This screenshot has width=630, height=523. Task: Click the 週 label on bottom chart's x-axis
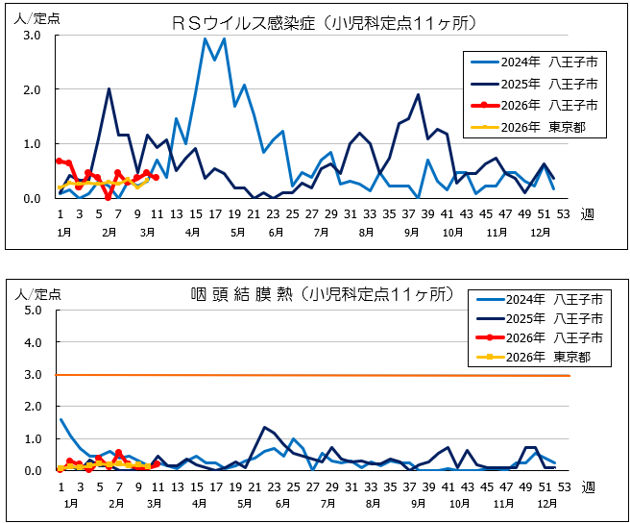click(x=587, y=487)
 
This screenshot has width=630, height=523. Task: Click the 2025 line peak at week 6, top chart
click(x=109, y=88)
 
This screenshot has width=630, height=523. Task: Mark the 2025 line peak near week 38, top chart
click(x=418, y=94)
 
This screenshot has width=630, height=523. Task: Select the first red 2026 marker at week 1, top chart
click(x=60, y=161)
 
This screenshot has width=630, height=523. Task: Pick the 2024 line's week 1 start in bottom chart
click(x=61, y=419)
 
